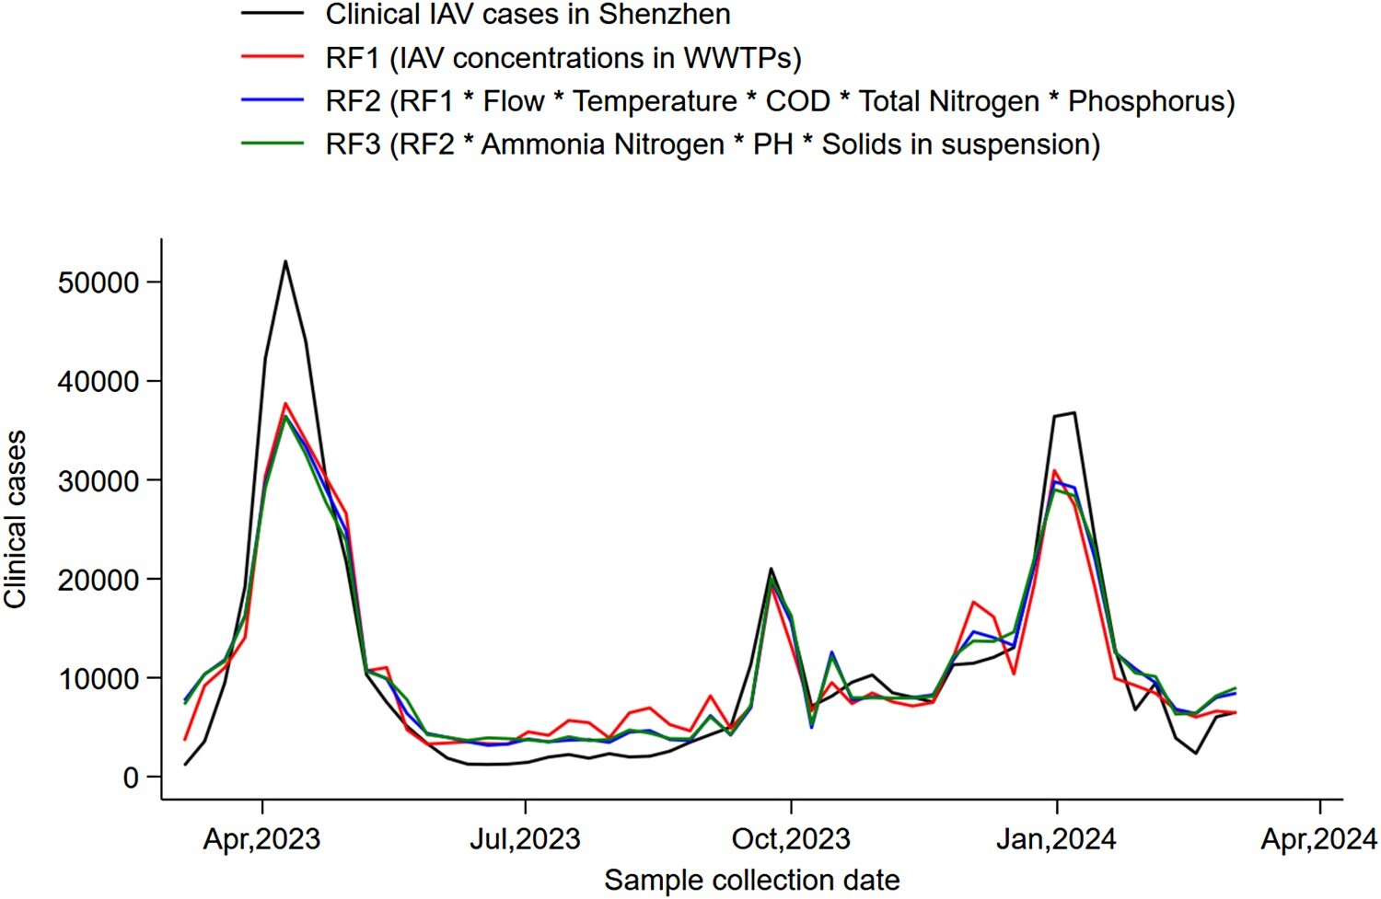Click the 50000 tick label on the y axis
(99, 282)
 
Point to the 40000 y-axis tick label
(99, 382)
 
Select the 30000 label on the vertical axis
(99, 480)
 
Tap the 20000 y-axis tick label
(99, 580)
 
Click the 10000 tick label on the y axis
(99, 679)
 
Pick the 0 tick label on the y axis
(130, 778)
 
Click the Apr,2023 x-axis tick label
(262, 839)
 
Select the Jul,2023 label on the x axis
(526, 839)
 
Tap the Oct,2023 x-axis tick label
(791, 839)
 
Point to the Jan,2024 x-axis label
(1056, 839)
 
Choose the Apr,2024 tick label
(1319, 839)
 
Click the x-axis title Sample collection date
(751, 881)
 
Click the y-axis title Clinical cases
(15, 519)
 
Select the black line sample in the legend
(273, 14)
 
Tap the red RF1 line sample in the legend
(273, 57)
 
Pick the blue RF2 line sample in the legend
(273, 100)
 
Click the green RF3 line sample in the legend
(273, 144)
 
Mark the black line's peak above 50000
(285, 261)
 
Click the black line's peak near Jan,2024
(1073, 413)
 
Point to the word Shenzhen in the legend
(665, 14)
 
